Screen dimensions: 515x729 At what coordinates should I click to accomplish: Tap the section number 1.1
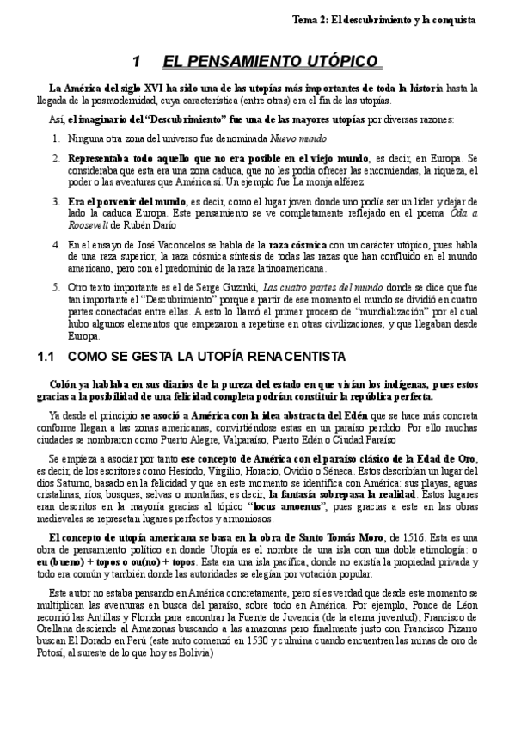point(51,355)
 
